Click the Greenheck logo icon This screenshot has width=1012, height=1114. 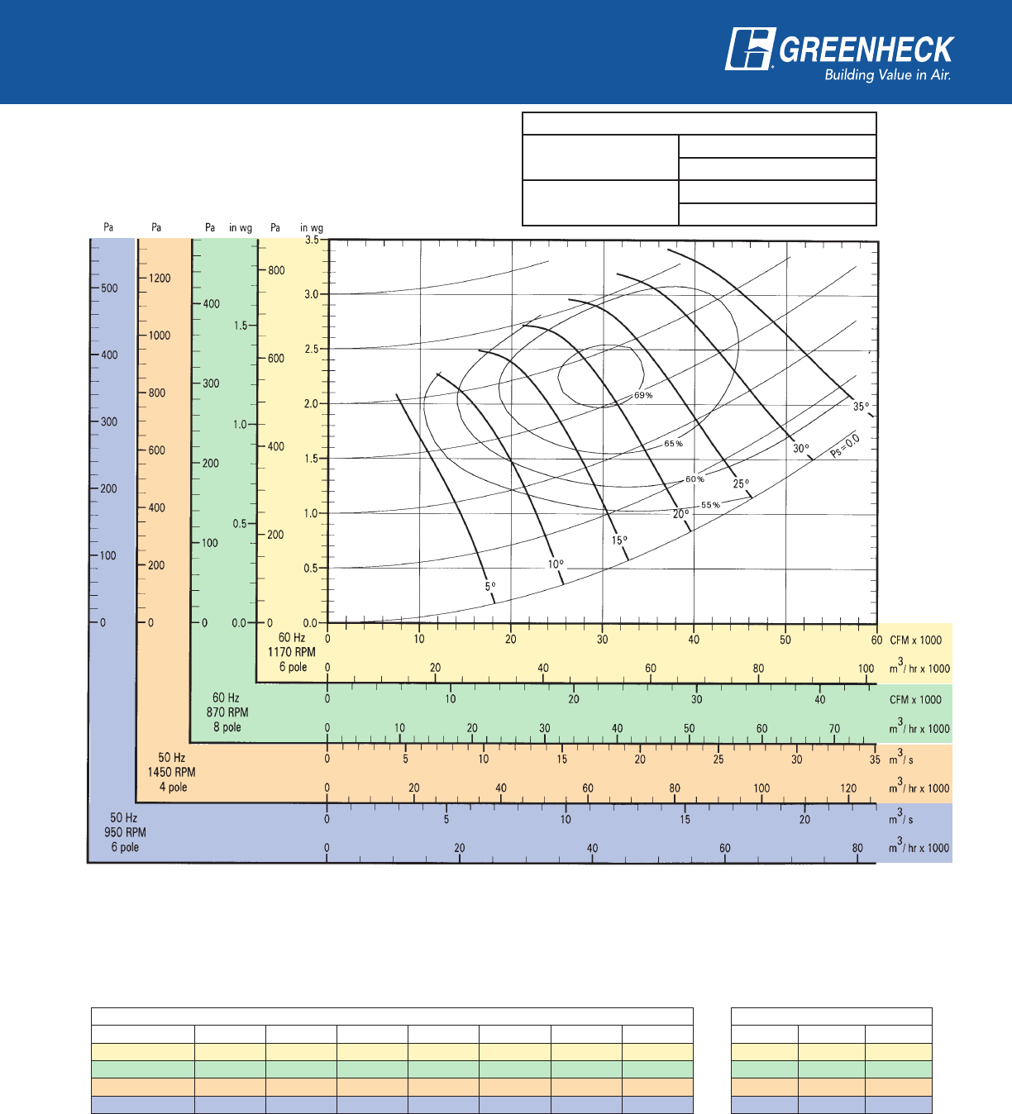coord(750,50)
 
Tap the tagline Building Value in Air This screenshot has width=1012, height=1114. coord(887,75)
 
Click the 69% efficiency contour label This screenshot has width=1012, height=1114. coord(643,396)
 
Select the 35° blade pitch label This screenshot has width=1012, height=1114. coord(861,407)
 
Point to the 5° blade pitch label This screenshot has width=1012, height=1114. coord(490,587)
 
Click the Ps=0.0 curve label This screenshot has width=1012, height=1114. coord(845,446)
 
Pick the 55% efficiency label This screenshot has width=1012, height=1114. coord(710,505)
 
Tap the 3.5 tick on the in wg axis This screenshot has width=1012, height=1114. coord(312,240)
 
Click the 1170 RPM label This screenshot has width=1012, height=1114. coord(291,652)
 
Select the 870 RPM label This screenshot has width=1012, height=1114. coord(227,712)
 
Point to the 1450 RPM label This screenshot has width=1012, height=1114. coord(171,772)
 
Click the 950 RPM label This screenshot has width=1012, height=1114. coord(125,832)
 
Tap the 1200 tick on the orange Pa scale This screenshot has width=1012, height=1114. coord(160,278)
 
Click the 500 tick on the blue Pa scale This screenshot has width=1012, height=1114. coord(109,288)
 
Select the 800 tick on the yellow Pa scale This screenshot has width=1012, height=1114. coord(276,270)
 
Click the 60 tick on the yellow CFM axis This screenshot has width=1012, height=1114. coord(876,640)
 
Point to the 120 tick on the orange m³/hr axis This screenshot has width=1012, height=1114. coord(848,788)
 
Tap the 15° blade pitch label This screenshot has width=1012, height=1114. coord(619,540)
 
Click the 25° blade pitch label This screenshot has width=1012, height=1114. coord(741,483)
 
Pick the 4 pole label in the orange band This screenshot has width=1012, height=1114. coord(173,787)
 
